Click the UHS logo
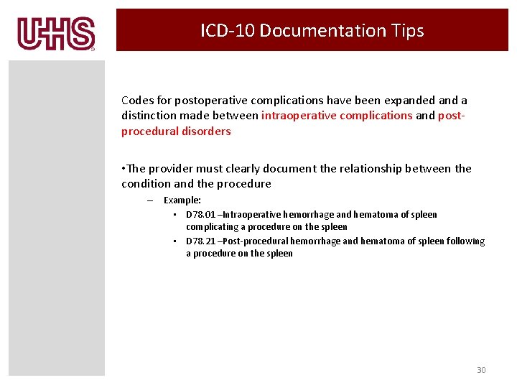pyautogui.click(x=56, y=34)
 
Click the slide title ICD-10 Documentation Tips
pyautogui.click(x=312, y=31)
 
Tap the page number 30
pyautogui.click(x=481, y=370)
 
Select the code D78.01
pyautogui.click(x=201, y=215)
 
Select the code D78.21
pyautogui.click(x=201, y=241)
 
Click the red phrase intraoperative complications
pyautogui.click(x=337, y=115)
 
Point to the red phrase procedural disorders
pyautogui.click(x=176, y=131)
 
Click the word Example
pyautogui.click(x=182, y=200)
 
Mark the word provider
pyautogui.click(x=172, y=169)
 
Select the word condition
pyautogui.click(x=146, y=184)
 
